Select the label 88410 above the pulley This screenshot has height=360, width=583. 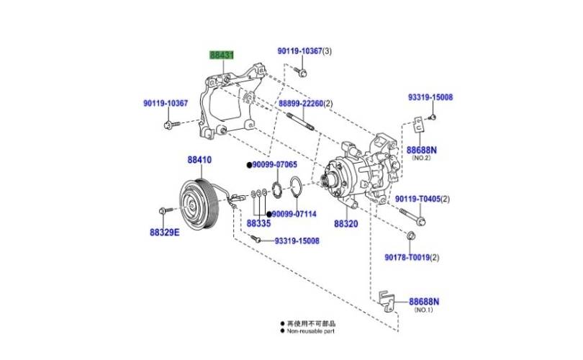click(x=201, y=160)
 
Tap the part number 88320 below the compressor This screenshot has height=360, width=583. click(x=345, y=224)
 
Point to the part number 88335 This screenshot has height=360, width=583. click(x=259, y=224)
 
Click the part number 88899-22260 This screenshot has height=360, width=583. click(x=302, y=104)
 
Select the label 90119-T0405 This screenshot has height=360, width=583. click(x=419, y=199)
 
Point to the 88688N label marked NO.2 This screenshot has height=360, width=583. click(x=422, y=150)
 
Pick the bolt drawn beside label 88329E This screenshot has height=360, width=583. click(x=162, y=211)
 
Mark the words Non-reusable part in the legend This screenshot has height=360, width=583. click(x=312, y=331)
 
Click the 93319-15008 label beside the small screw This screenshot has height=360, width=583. click(x=297, y=240)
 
